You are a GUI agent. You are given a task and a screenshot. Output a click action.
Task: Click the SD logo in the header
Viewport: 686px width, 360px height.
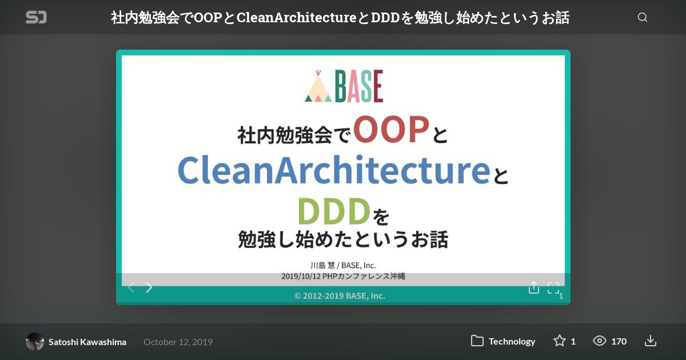tap(36, 17)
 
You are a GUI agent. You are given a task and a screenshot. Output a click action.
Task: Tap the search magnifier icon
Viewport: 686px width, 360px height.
tap(642, 17)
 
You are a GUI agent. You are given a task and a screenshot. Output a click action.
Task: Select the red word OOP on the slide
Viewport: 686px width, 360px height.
tap(391, 130)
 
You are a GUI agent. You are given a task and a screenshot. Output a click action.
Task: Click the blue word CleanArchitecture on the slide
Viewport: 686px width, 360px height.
tap(334, 170)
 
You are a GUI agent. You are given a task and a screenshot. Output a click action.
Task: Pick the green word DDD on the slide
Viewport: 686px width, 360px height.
tap(334, 211)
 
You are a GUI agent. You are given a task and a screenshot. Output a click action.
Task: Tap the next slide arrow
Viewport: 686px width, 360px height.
tap(149, 287)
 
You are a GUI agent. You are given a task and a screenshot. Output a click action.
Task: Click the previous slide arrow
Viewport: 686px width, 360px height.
tap(131, 287)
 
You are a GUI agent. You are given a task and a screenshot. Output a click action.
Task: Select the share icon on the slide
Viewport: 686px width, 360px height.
tap(534, 287)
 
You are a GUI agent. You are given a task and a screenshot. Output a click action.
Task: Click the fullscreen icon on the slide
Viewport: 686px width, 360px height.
tap(553, 288)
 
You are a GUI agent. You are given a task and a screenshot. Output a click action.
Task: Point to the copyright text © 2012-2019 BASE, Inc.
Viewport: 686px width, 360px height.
tap(340, 296)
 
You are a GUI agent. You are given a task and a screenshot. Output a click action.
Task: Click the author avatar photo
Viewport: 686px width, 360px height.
tap(35, 341)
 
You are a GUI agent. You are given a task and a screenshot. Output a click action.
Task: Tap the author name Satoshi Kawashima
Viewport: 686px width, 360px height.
tap(87, 342)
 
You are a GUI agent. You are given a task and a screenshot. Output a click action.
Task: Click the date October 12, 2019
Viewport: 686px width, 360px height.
tap(178, 342)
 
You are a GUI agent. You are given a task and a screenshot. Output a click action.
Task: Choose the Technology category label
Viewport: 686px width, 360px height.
tap(512, 341)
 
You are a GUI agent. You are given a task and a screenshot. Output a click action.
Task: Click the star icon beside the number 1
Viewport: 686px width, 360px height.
tap(560, 341)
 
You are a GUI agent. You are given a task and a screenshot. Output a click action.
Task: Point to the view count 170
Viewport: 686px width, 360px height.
tap(619, 341)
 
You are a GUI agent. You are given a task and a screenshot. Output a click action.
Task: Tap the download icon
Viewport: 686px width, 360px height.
tap(650, 341)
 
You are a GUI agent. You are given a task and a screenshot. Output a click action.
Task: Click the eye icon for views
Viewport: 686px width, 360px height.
tap(599, 341)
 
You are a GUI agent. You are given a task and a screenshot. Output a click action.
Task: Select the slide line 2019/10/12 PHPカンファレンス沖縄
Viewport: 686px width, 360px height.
tap(343, 276)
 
